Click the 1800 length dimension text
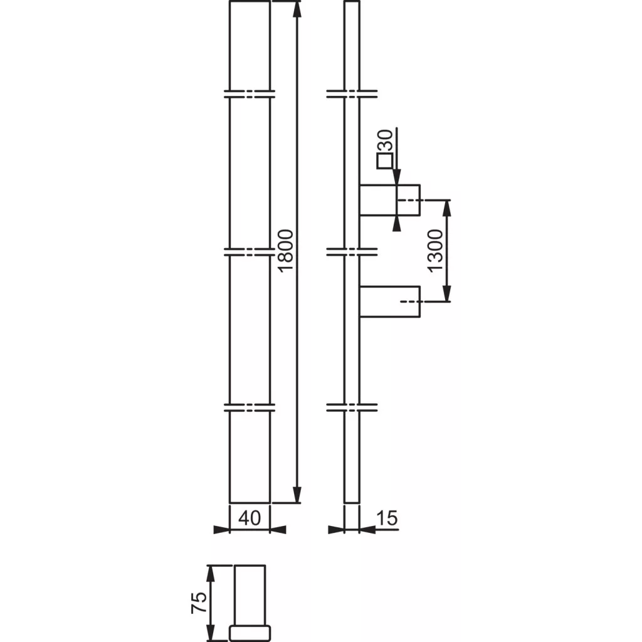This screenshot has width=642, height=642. [286, 250]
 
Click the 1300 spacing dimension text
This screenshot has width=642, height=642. [435, 251]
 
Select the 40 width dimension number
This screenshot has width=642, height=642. [250, 518]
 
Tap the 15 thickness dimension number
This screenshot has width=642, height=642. [387, 518]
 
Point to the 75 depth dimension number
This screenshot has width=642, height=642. [199, 603]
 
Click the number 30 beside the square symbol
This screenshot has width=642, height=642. [385, 140]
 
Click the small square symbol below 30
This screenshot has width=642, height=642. [385, 160]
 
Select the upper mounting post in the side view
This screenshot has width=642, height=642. [390, 200]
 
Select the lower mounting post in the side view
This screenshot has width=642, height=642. [390, 302]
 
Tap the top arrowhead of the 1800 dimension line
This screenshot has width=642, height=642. [298, 9]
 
